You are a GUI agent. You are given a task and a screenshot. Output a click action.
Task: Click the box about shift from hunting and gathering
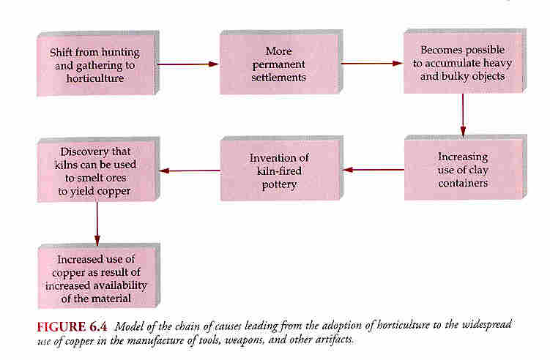pos(98,64)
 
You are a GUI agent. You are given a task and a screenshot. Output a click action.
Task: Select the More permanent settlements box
pos(281,62)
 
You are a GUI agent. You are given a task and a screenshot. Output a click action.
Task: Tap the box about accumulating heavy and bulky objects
pos(465,61)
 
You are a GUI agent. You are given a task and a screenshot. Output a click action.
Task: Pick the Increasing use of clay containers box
pos(466,168)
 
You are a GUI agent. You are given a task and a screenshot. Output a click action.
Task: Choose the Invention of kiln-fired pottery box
pos(282,168)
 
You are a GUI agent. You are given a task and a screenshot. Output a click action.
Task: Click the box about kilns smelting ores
pos(98,170)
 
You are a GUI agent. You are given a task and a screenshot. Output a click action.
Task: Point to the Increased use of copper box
pos(99,276)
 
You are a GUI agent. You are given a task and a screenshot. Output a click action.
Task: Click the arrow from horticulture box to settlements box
pos(188,64)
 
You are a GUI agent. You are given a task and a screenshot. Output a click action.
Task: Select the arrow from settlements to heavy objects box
pos(372,64)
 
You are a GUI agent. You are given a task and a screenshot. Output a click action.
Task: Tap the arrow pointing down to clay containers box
pos(463,115)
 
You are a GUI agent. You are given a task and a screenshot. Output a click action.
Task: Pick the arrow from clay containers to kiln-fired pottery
pos(374,170)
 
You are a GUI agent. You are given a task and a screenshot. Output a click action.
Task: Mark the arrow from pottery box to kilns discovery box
pos(190,170)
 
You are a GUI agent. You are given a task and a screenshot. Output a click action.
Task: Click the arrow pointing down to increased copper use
pos(97,224)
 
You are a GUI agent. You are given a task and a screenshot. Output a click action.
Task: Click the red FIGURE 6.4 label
pos(72,326)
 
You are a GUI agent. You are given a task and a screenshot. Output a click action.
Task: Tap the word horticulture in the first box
pos(95,78)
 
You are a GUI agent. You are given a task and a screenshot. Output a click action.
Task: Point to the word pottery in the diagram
pos(279,184)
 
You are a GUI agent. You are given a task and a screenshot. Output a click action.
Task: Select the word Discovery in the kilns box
pos(81,151)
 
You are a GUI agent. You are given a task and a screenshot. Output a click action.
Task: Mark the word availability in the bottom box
pos(120,285)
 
